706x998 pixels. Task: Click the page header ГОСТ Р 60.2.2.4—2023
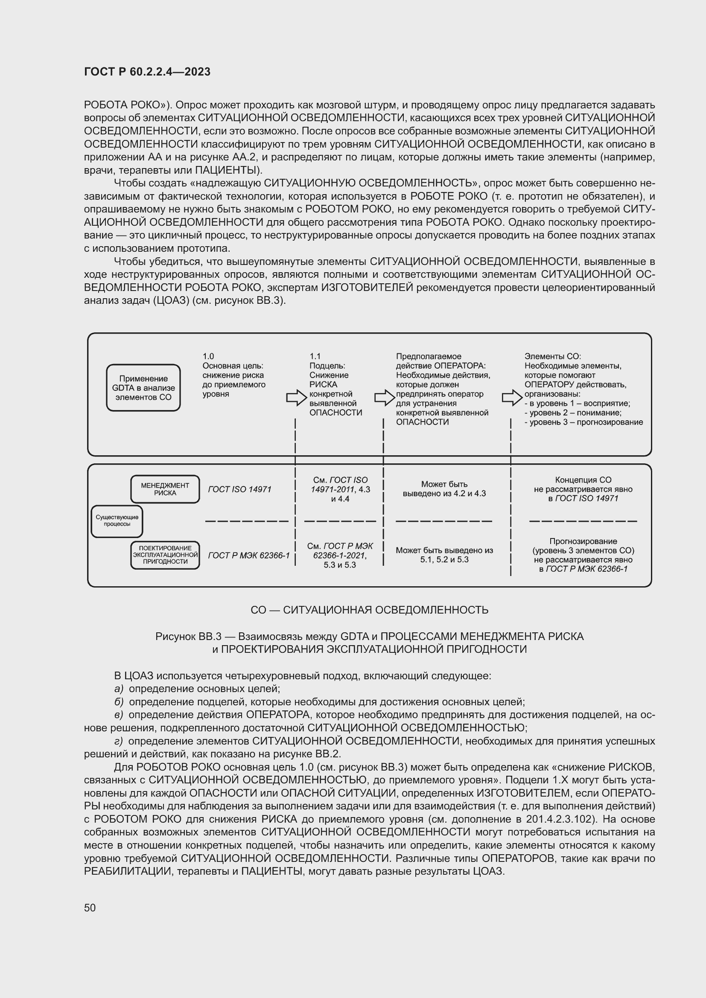[147, 72]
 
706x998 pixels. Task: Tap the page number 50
[90, 908]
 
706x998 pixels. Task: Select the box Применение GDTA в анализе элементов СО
[143, 388]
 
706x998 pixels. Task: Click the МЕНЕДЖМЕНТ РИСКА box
[165, 489]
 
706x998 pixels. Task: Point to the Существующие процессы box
[117, 521]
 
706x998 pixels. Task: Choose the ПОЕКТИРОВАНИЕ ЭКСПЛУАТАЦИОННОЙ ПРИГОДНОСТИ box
[165, 555]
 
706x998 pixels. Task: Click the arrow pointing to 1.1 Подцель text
[297, 397]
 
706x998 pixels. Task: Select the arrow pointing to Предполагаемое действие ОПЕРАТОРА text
[384, 397]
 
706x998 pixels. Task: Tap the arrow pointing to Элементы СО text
[512, 397]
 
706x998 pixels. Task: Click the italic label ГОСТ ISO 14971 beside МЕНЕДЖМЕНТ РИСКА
[239, 489]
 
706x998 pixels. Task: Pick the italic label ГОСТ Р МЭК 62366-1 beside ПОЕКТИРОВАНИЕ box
[249, 556]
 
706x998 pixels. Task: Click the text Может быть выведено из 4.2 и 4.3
[444, 489]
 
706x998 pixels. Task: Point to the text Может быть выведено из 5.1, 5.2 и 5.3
[444, 555]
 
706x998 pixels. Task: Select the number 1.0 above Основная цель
[208, 356]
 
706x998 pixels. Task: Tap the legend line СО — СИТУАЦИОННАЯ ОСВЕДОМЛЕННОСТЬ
[369, 610]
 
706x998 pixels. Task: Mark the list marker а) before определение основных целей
[119, 689]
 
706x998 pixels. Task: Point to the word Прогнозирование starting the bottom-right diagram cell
[583, 541]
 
